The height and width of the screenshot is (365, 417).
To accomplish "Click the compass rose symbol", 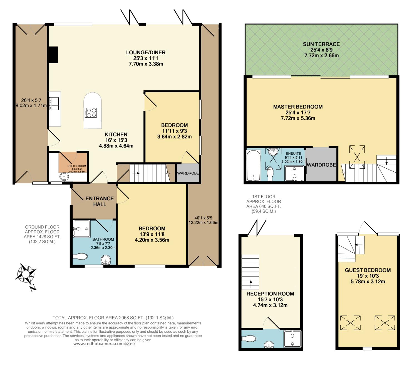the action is [26, 273].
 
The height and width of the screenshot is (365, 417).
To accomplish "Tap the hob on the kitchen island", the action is [91, 113].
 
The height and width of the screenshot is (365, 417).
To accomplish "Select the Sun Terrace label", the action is [321, 44].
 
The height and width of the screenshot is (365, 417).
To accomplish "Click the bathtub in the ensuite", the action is [253, 166].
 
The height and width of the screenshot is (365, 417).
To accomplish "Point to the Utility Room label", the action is [77, 166].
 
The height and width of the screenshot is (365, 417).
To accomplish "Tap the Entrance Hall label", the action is [100, 201].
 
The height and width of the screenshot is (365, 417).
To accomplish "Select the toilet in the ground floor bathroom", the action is [80, 257].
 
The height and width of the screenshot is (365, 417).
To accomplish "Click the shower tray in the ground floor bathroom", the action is [81, 229].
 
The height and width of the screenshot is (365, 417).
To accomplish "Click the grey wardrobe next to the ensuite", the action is [321, 164].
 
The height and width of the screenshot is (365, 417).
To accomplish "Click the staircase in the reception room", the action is [250, 272].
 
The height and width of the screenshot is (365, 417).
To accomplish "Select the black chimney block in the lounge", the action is [53, 55].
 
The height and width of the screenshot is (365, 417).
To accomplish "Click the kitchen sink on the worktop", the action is [54, 103].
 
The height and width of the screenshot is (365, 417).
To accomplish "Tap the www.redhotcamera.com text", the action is [98, 344].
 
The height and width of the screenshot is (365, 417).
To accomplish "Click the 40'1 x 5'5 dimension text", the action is [203, 218].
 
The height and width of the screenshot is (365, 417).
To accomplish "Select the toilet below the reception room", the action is [249, 339].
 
